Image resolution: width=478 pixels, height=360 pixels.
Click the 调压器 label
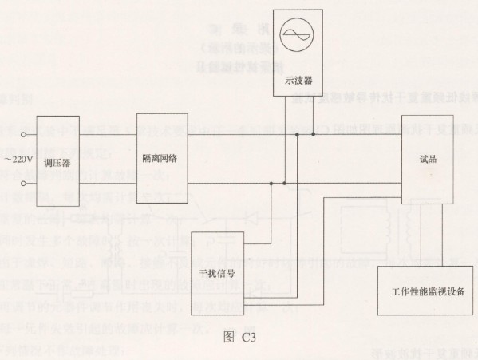coord(57,163)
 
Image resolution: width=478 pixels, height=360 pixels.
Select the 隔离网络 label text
coord(160,159)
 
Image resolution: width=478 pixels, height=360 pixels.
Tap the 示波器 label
coord(298,81)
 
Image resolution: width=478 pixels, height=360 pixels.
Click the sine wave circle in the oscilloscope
coord(297,34)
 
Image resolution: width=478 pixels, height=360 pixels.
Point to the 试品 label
coord(428,159)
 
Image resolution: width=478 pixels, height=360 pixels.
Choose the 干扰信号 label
coord(217,274)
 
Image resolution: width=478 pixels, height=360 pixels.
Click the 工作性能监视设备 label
coord(428,291)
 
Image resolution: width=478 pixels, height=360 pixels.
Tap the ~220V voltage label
coord(18,160)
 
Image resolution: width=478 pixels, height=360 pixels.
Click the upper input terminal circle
coord(23,134)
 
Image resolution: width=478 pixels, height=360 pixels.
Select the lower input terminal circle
coord(23,184)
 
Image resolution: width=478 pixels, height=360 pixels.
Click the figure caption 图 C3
coord(239,337)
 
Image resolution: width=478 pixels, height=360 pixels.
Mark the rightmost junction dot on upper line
coord(313,134)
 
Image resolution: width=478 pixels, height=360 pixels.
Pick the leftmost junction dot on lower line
coord(271,184)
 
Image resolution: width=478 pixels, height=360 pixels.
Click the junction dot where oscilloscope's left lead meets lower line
coord(284,184)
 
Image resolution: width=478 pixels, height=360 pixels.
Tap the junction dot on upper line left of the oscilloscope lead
coord(297,134)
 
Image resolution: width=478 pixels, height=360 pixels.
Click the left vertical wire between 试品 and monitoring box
coord(421,235)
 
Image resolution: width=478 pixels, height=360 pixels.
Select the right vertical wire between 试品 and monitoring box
coord(442,235)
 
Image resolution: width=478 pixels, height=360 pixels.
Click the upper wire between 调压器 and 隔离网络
coord(108,134)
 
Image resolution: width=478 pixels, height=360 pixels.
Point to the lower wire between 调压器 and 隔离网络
coord(108,184)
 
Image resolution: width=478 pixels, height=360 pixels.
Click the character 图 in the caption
coord(229,337)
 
